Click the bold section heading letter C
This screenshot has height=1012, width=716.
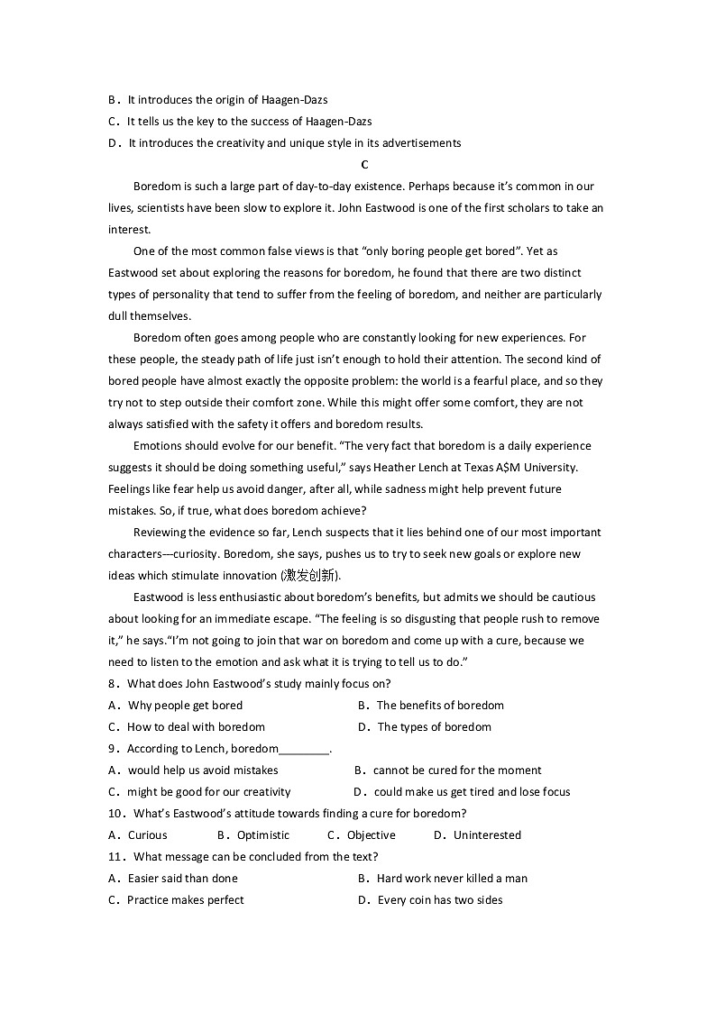364,165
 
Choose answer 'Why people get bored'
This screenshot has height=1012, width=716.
185,706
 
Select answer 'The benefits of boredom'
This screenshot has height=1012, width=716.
440,706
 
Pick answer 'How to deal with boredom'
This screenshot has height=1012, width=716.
196,727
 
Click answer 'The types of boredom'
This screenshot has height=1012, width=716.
434,727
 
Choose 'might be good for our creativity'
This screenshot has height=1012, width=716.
208,792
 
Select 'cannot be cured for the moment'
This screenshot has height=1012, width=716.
457,770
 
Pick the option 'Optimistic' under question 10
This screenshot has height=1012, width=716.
263,835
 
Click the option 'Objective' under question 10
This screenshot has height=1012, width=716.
371,835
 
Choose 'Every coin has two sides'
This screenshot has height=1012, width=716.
440,900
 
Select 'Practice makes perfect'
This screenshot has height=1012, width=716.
185,900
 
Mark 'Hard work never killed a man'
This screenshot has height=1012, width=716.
452,879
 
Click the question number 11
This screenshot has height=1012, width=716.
115,857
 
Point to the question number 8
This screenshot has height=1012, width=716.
112,684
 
